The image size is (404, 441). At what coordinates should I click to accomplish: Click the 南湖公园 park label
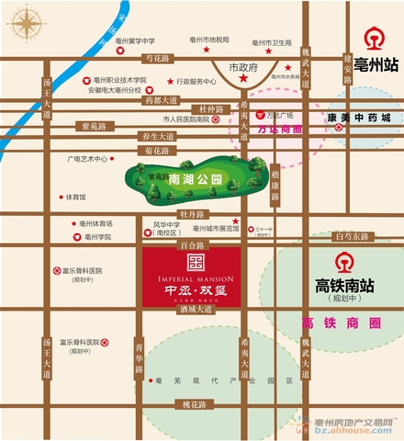pos(190,181)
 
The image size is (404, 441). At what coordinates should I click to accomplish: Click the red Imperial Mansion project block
pos(191,277)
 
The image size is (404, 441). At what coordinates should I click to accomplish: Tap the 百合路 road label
pos(190,246)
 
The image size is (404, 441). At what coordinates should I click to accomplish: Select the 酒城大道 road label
pos(196,310)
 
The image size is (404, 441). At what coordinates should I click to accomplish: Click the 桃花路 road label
pos(193,404)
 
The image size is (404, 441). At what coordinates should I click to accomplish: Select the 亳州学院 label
pos(96,237)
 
